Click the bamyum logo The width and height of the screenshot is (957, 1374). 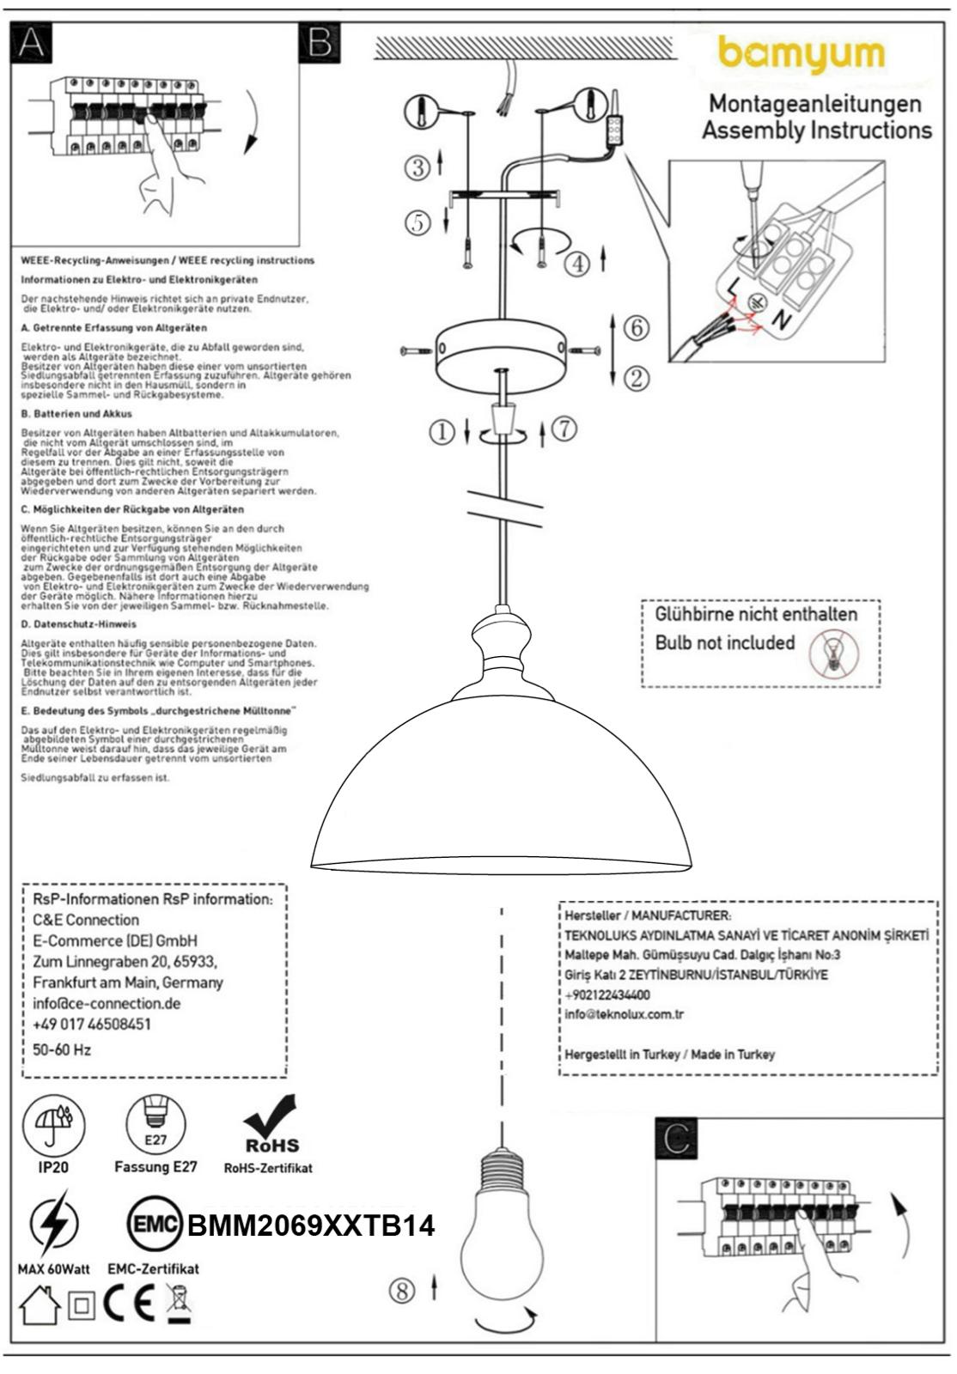801,54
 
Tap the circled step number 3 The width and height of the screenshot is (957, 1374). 418,167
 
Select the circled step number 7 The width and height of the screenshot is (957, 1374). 564,429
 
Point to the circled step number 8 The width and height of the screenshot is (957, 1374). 402,1290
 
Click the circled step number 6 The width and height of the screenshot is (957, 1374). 636,327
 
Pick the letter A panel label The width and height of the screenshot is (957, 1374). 30,43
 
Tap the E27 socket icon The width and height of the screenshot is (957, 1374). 155,1124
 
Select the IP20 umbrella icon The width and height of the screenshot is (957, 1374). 53,1124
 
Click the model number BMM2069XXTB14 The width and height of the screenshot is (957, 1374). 311,1225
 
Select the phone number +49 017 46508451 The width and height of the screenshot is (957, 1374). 92,1024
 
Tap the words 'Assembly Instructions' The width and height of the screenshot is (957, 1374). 816,131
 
